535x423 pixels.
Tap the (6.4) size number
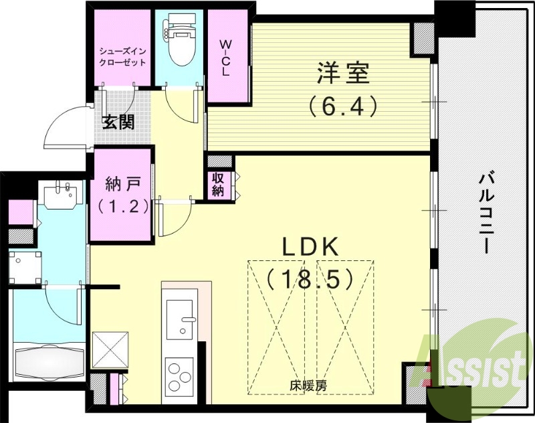(342, 105)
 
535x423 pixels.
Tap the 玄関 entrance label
(118, 122)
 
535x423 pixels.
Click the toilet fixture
(178, 44)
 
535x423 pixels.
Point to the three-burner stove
(179, 375)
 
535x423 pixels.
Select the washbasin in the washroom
(61, 195)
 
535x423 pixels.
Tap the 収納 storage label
(219, 185)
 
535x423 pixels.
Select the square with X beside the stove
(108, 349)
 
